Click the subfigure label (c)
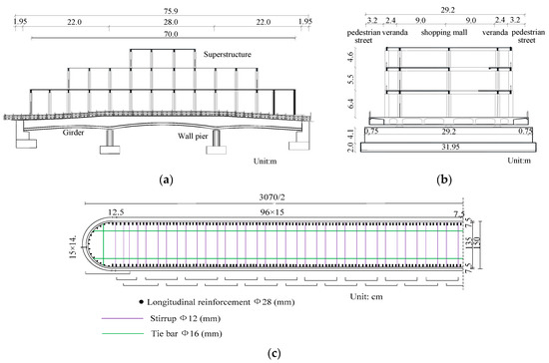pos(274,353)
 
